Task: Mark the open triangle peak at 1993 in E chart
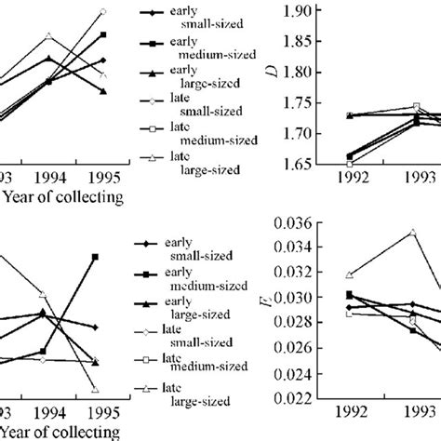pyautogui.click(x=411, y=233)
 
